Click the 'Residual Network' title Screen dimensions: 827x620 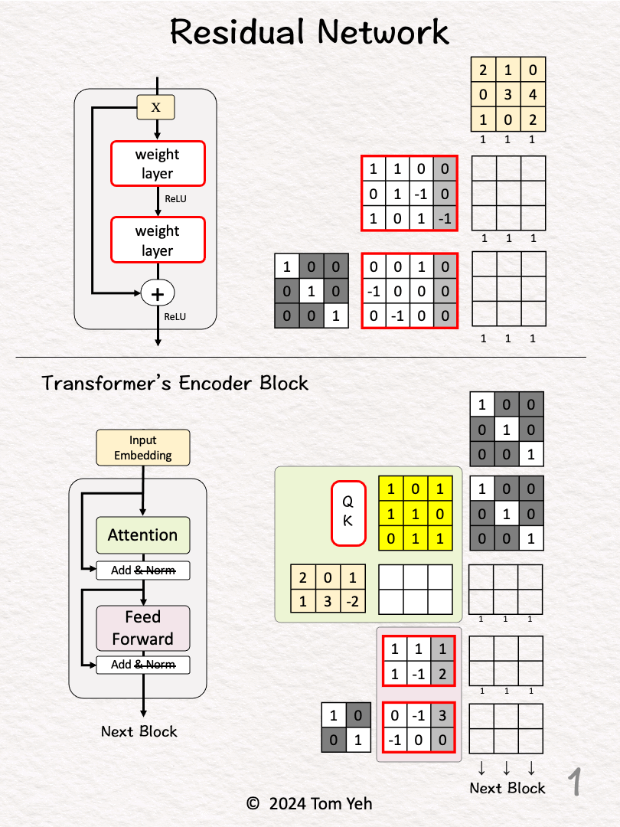[309, 32]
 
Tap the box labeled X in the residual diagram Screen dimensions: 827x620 [156, 107]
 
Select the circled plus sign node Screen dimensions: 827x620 [158, 292]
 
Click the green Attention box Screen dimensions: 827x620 [142, 535]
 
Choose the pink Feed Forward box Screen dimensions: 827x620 [142, 628]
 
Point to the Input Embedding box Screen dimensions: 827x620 [142, 448]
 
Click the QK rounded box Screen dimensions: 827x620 [348, 513]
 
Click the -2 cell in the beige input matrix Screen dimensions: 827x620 [352, 601]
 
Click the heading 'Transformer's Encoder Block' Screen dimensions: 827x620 [175, 383]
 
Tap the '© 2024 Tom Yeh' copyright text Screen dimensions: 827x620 [309, 803]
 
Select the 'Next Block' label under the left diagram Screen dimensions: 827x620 [139, 731]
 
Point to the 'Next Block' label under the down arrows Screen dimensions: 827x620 [507, 788]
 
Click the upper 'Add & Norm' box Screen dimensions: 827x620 [142, 570]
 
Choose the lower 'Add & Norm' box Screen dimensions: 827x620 [142, 665]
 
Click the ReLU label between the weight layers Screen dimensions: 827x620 [175, 199]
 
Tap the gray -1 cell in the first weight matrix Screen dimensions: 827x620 [445, 217]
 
